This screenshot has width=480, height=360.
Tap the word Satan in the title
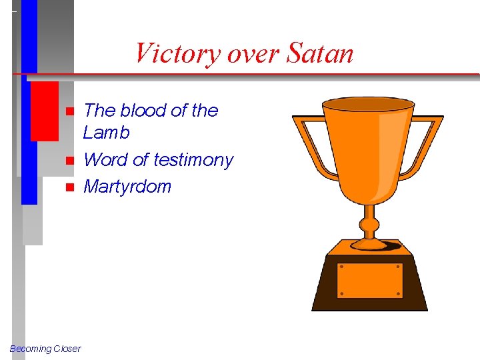(320, 53)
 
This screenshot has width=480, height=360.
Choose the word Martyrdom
(127, 187)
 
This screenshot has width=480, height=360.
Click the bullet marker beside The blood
(69, 111)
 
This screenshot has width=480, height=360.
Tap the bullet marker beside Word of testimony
(69, 161)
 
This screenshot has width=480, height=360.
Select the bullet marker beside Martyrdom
(69, 187)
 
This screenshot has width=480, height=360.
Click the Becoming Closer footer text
(45, 349)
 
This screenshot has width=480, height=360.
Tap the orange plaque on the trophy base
(369, 280)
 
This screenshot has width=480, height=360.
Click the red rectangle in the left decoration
(45, 111)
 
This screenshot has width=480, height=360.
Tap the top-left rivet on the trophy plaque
(341, 267)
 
